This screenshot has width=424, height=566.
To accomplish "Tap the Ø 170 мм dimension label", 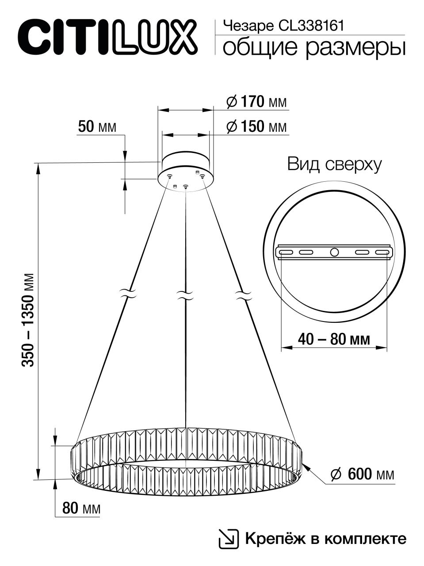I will click(256, 103).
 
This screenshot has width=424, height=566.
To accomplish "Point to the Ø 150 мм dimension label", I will click(256, 127).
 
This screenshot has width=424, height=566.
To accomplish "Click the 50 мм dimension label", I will click(97, 127).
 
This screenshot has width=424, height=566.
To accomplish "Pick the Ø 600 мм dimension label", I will click(362, 474).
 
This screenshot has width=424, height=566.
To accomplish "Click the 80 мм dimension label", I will click(81, 509).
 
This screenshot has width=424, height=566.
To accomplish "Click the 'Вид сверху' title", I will click(334, 164).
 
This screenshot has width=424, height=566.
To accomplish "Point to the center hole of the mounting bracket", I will click(334, 252).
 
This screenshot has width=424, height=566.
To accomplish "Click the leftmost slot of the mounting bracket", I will click(285, 252).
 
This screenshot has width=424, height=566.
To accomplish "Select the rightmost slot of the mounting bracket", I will click(383, 252).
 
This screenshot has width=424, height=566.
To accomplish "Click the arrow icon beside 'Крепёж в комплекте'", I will click(229, 538).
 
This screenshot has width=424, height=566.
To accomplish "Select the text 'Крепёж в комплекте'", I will click(325, 539).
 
